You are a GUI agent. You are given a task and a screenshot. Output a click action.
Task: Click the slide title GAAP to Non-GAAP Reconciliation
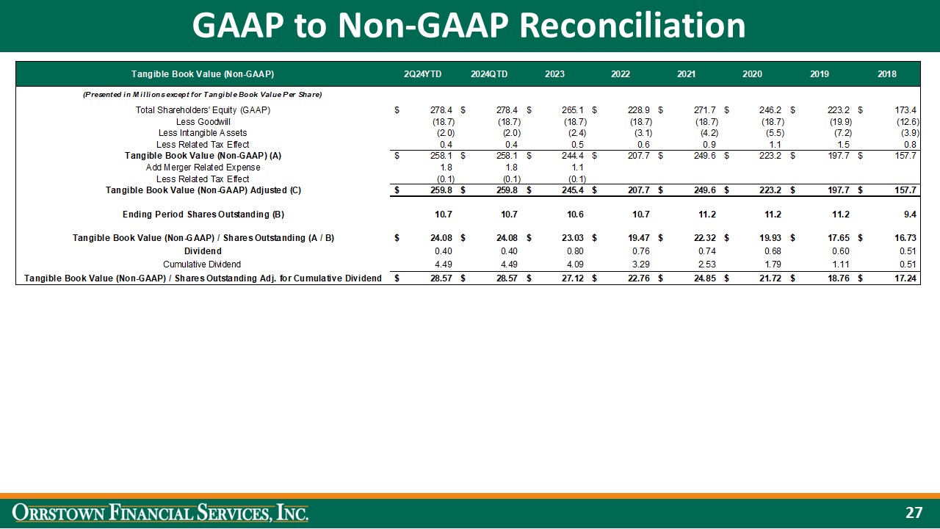point(469,26)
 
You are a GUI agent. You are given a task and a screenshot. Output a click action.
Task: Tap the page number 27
point(913,512)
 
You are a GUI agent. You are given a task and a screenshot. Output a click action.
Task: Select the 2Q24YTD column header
point(422,74)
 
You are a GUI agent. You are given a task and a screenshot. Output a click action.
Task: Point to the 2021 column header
point(687,74)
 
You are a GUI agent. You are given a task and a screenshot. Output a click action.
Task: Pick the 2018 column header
point(886,74)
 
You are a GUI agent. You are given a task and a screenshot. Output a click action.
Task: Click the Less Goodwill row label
point(203,121)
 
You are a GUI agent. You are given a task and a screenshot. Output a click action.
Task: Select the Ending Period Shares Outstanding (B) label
point(203,215)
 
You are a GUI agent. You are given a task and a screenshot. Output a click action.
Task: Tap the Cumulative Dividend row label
point(202,264)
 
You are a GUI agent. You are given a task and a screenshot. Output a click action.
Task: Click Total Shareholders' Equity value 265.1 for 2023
point(573,110)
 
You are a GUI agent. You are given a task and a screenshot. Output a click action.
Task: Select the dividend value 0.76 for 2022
point(640,251)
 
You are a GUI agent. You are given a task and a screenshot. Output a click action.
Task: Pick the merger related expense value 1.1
point(578,168)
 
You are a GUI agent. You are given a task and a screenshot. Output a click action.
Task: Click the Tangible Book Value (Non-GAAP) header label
point(203,74)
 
